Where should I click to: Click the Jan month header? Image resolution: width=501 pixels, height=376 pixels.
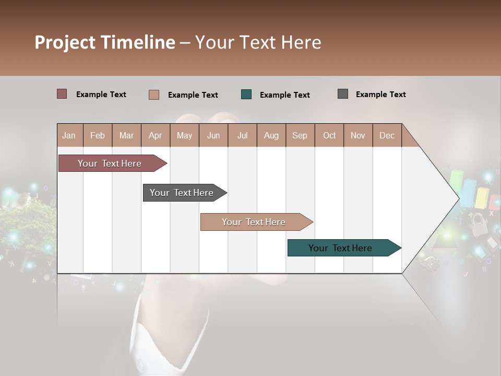pos(69,135)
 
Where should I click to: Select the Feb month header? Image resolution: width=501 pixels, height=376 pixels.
pos(98,135)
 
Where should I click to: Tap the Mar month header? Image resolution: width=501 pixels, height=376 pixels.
pos(126,135)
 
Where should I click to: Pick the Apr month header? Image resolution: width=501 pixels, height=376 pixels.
pos(156,135)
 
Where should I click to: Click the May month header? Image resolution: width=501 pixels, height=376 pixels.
pos(184,135)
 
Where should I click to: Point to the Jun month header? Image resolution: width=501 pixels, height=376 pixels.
pos(213,135)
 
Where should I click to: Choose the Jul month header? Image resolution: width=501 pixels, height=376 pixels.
pos(242,135)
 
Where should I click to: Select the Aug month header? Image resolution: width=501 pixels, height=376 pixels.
pos(271,135)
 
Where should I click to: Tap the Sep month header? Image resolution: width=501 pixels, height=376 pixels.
pos(300,135)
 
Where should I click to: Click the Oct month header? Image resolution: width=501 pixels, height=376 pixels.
pos(329,135)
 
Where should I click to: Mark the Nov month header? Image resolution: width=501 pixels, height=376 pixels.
pos(358,135)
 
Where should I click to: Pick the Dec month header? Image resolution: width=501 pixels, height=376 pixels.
pos(387,135)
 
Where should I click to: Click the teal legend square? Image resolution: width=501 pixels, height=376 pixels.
pos(246,95)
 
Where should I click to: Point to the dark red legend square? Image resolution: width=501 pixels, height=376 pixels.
pos(62,94)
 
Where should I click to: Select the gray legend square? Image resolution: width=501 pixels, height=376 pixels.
pos(343,94)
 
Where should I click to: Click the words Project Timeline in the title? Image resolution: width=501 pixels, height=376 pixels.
pos(105,42)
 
